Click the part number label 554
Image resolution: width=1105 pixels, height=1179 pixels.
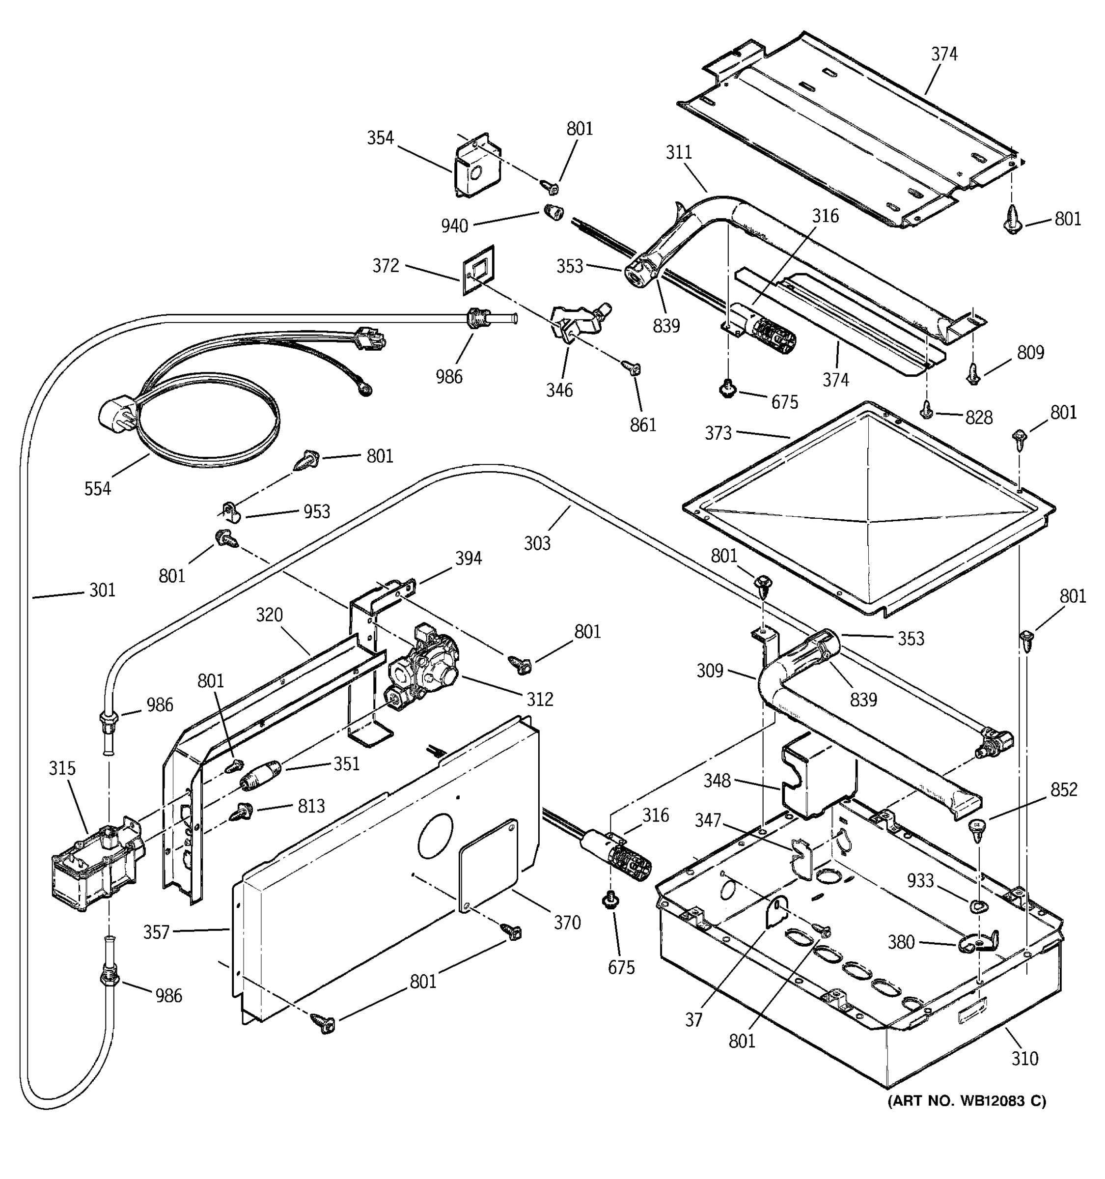pyautogui.click(x=97, y=489)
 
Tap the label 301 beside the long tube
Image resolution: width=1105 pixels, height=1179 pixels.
pyautogui.click(x=102, y=590)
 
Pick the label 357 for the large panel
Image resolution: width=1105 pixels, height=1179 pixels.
pyautogui.click(x=157, y=932)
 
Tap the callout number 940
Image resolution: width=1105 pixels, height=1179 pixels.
pyautogui.click(x=455, y=226)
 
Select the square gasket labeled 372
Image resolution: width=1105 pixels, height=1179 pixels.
pyautogui.click(x=478, y=271)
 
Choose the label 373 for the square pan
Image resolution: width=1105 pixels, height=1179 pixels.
pyautogui.click(x=718, y=433)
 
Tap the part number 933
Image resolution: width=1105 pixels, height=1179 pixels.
pyautogui.click(x=920, y=881)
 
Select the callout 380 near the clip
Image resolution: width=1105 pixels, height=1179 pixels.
pyautogui.click(x=901, y=942)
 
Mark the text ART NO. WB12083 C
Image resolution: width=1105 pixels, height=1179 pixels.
pyautogui.click(x=967, y=1101)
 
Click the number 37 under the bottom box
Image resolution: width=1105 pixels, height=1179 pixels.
pyautogui.click(x=693, y=1019)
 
